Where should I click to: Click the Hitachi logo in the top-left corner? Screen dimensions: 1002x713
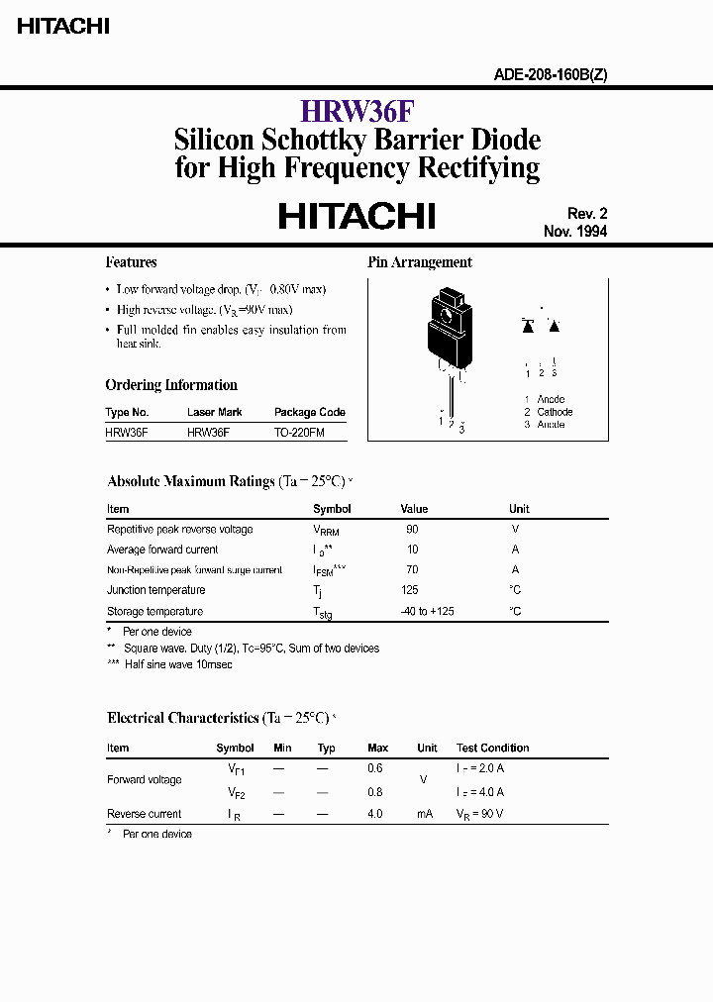coord(62,28)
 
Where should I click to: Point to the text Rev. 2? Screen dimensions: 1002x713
coord(586,213)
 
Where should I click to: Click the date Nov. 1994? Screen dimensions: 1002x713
coord(574,232)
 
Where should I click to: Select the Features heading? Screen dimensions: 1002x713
coord(131,262)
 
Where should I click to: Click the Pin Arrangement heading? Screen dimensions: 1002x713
coord(420,262)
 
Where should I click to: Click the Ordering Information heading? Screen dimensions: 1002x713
coord(171,385)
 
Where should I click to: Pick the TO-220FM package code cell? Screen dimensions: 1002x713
coord(299,433)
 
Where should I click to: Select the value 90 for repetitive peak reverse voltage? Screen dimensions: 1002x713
coord(412,530)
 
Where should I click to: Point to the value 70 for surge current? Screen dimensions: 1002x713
coord(412,569)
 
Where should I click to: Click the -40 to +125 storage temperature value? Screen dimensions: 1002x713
coord(428,611)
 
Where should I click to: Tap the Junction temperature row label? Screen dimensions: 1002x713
coord(156,590)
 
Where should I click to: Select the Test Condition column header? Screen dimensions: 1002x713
coord(492,748)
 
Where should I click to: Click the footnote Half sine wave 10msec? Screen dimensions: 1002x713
coord(178,664)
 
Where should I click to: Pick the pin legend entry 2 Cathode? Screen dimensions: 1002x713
coord(549,412)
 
